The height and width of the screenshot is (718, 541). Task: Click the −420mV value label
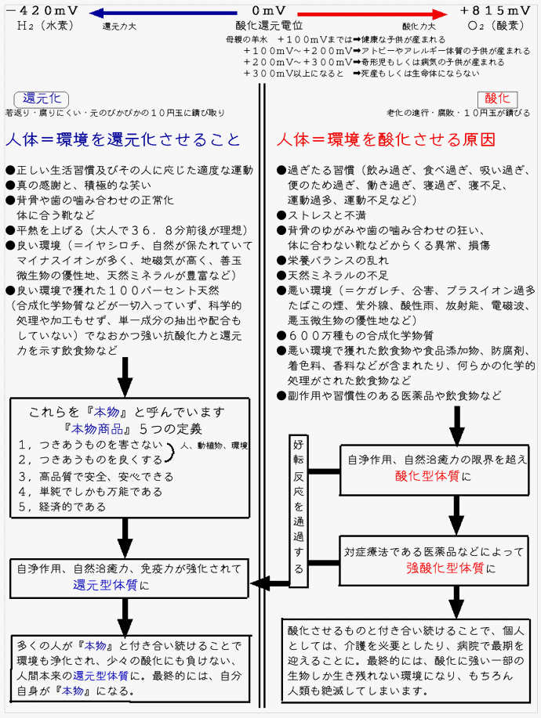click(x=42, y=11)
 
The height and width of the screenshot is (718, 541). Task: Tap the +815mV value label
click(x=496, y=11)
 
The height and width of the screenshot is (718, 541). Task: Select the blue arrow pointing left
click(x=164, y=14)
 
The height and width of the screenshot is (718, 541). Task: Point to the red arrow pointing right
click(x=372, y=14)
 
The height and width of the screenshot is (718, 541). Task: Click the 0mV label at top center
click(x=269, y=11)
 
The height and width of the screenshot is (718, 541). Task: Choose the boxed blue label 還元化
click(x=42, y=99)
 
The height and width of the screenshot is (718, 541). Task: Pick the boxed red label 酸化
click(x=497, y=99)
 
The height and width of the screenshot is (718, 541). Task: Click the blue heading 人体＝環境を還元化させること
click(x=123, y=139)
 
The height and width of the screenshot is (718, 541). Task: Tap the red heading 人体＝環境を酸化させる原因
click(x=386, y=139)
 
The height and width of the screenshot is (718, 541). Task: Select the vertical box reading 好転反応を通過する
click(x=299, y=511)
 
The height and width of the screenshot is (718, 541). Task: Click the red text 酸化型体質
click(x=427, y=476)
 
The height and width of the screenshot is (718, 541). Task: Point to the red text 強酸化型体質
click(x=445, y=568)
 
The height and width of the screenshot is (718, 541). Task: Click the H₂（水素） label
click(x=45, y=26)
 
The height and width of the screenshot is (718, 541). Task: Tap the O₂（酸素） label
click(x=496, y=26)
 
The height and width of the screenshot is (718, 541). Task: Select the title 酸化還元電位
click(x=269, y=26)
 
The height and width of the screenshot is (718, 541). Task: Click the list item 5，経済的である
click(x=63, y=507)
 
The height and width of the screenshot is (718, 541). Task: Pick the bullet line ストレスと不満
click(x=321, y=215)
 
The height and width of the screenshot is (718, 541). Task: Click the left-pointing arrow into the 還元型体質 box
click(x=270, y=584)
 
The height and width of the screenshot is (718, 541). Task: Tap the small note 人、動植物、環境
click(x=214, y=446)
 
